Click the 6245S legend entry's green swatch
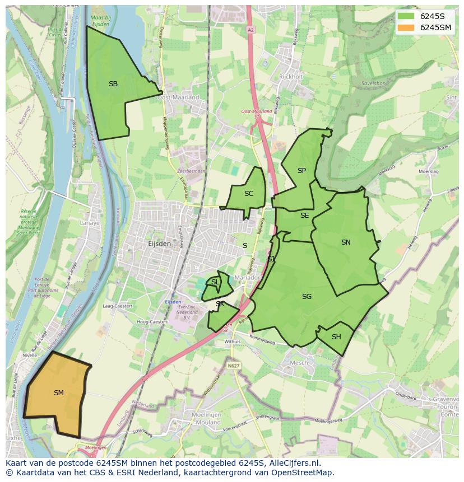coord(406,16)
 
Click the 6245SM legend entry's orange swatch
coord(406,27)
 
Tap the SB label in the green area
coord(113,84)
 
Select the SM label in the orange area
coord(58,393)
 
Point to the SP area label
coord(301,171)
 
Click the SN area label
coord(346,242)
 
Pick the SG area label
coord(307,297)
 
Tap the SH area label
coord(336,337)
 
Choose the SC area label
coord(249,194)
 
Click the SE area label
coord(304,216)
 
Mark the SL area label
coord(215,282)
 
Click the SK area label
coord(220,304)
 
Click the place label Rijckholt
coord(290,77)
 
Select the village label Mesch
coord(298,363)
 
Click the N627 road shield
coord(234,366)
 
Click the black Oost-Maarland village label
coord(178,97)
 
